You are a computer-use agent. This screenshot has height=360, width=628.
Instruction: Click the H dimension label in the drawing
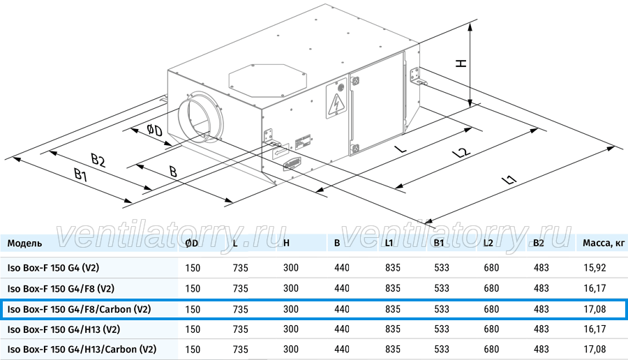[x=461, y=63]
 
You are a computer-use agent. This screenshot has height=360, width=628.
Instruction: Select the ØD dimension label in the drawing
[x=155, y=130]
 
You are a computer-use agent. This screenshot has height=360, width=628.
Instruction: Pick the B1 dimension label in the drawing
[x=81, y=174]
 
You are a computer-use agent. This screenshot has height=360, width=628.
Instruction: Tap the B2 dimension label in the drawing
[x=98, y=160]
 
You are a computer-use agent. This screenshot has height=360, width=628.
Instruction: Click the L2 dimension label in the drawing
[x=461, y=153]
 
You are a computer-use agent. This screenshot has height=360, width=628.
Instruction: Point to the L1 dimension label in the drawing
[x=509, y=179]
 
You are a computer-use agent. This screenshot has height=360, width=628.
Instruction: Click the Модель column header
[x=25, y=243]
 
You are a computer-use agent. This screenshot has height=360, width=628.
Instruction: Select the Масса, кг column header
[x=604, y=243]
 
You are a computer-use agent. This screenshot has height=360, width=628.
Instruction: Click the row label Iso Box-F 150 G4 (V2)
[x=53, y=268]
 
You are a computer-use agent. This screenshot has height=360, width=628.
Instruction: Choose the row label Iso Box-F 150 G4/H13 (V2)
[x=63, y=329]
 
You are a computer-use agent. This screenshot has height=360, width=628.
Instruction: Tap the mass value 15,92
[x=595, y=268]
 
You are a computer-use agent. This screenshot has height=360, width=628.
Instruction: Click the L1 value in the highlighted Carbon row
[x=392, y=309]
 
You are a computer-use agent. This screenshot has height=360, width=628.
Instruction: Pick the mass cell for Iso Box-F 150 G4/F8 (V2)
[x=595, y=288]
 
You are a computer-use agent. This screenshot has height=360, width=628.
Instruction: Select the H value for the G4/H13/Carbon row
[x=291, y=350]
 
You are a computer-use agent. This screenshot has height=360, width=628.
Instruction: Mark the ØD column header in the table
[x=192, y=243]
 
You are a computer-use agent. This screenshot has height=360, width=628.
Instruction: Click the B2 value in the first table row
[x=541, y=268]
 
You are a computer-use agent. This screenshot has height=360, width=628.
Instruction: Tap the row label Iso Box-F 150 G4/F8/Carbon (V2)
[x=80, y=309]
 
